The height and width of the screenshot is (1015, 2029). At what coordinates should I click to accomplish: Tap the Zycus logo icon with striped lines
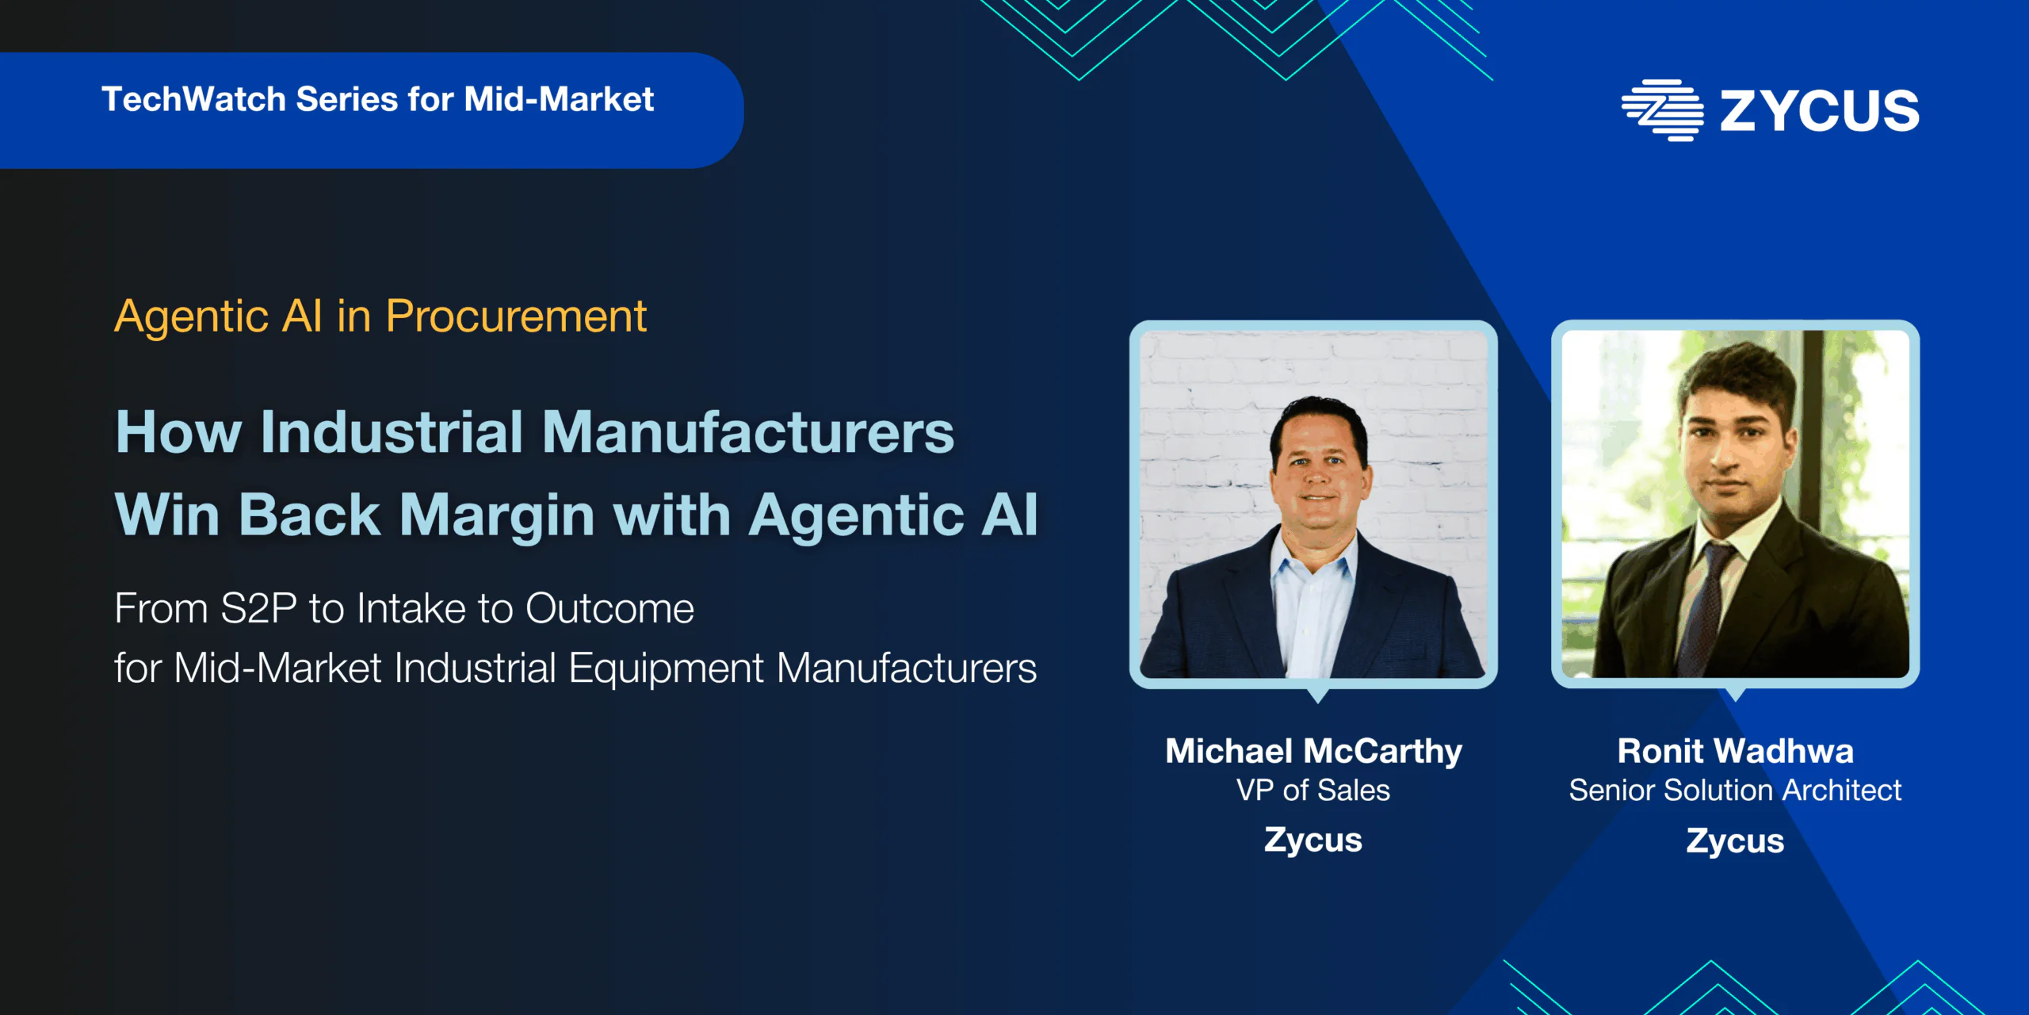tap(1662, 110)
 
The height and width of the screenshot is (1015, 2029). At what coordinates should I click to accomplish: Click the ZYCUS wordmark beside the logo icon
tap(1820, 110)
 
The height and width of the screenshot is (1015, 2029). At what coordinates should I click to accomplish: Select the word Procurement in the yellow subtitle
tap(516, 317)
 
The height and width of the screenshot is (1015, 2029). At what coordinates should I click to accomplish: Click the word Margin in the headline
tap(497, 516)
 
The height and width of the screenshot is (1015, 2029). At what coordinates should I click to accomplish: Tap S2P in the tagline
tap(258, 608)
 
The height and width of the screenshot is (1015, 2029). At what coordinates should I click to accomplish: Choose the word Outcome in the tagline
tap(609, 608)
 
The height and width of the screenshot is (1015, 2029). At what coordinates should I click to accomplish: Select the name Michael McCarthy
tap(1313, 751)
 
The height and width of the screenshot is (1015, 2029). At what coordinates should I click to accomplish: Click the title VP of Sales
tap(1313, 791)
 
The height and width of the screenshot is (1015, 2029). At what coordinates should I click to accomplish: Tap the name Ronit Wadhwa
tap(1736, 751)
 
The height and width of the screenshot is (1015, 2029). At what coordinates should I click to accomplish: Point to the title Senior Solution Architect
tap(1736, 791)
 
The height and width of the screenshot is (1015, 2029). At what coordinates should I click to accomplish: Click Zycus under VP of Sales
tap(1313, 841)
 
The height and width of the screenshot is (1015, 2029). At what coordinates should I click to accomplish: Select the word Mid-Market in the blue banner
tap(559, 100)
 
